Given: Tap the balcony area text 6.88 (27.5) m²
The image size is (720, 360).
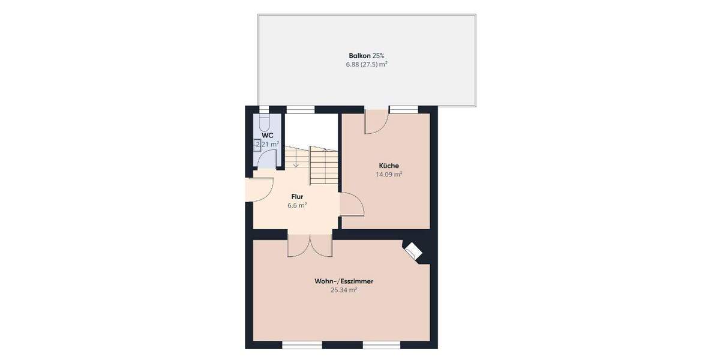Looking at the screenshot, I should point(366,64).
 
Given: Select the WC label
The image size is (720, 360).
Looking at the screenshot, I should point(267,135).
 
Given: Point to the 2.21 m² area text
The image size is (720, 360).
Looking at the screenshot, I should point(267,144).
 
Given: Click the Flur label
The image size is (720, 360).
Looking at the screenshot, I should point(297,196).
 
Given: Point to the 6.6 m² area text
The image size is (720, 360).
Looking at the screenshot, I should point(297,205).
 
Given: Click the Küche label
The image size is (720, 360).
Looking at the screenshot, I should point(389,166).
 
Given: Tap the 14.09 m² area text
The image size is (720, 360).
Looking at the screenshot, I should point(389,175).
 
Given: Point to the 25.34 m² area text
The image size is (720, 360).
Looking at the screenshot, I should point(344,290).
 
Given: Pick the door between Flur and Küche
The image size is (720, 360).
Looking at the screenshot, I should point(352,205).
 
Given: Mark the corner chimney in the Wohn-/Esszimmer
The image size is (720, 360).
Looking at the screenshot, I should point(413,251).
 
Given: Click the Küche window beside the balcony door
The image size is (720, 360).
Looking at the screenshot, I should point(404,109).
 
